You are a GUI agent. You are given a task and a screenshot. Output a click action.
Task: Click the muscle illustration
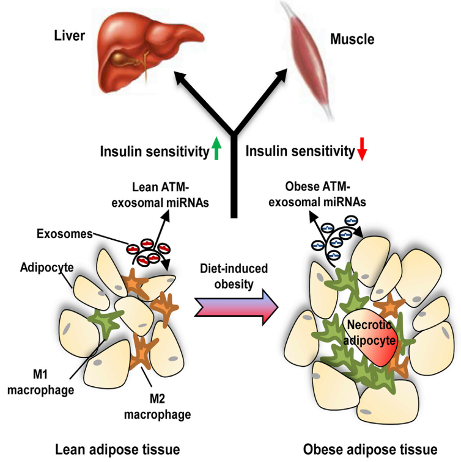[x=307, y=59]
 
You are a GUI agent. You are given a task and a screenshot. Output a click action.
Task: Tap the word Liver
[x=69, y=35]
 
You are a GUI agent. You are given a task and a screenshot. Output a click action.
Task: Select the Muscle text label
[x=352, y=39]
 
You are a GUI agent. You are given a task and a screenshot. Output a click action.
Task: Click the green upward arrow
[x=216, y=148]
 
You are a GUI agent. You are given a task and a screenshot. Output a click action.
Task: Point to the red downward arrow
[x=362, y=149]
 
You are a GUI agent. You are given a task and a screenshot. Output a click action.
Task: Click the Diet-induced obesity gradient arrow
[x=236, y=308]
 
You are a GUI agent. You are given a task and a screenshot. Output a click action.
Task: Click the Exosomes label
[x=64, y=234]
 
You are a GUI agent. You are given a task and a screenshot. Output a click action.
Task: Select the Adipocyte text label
[x=46, y=267]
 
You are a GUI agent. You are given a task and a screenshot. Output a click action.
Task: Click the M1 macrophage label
[x=40, y=382]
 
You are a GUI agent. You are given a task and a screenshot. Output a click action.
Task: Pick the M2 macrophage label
[x=157, y=406]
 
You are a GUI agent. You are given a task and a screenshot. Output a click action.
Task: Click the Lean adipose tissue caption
[x=117, y=450]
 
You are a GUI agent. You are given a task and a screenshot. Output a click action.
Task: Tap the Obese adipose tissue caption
[x=370, y=450]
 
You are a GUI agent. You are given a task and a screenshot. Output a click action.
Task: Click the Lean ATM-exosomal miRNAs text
[x=160, y=195]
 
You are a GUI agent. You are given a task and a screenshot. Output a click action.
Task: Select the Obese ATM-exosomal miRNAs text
[x=317, y=194]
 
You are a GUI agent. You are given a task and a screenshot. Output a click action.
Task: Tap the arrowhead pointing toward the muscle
[x=281, y=75]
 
